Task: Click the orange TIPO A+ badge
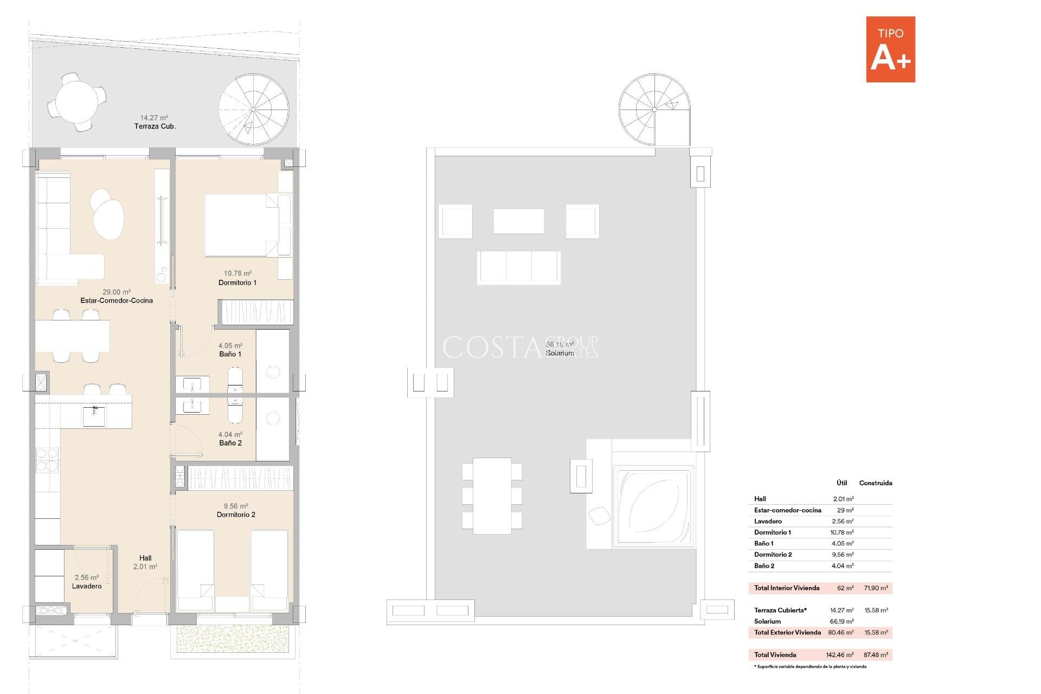click(x=890, y=49)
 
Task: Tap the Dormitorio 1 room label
click(x=237, y=282)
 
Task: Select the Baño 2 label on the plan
click(x=230, y=443)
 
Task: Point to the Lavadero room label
click(x=87, y=586)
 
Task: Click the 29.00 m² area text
click(x=117, y=292)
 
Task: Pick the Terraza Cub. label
click(x=155, y=126)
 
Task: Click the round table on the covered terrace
click(x=77, y=102)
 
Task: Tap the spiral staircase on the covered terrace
click(x=254, y=110)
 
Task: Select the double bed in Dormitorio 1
click(x=241, y=225)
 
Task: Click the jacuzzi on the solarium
click(x=654, y=506)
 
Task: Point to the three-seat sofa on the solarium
click(x=519, y=267)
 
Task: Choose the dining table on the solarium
click(x=492, y=496)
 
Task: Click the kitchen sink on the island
click(x=94, y=416)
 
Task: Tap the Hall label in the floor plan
click(x=145, y=558)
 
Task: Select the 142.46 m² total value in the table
click(x=839, y=655)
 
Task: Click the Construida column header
click(x=875, y=483)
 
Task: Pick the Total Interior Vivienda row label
click(x=787, y=588)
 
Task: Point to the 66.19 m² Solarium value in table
click(x=841, y=621)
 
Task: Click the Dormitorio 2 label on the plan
click(x=236, y=515)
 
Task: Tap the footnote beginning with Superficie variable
click(x=811, y=667)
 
